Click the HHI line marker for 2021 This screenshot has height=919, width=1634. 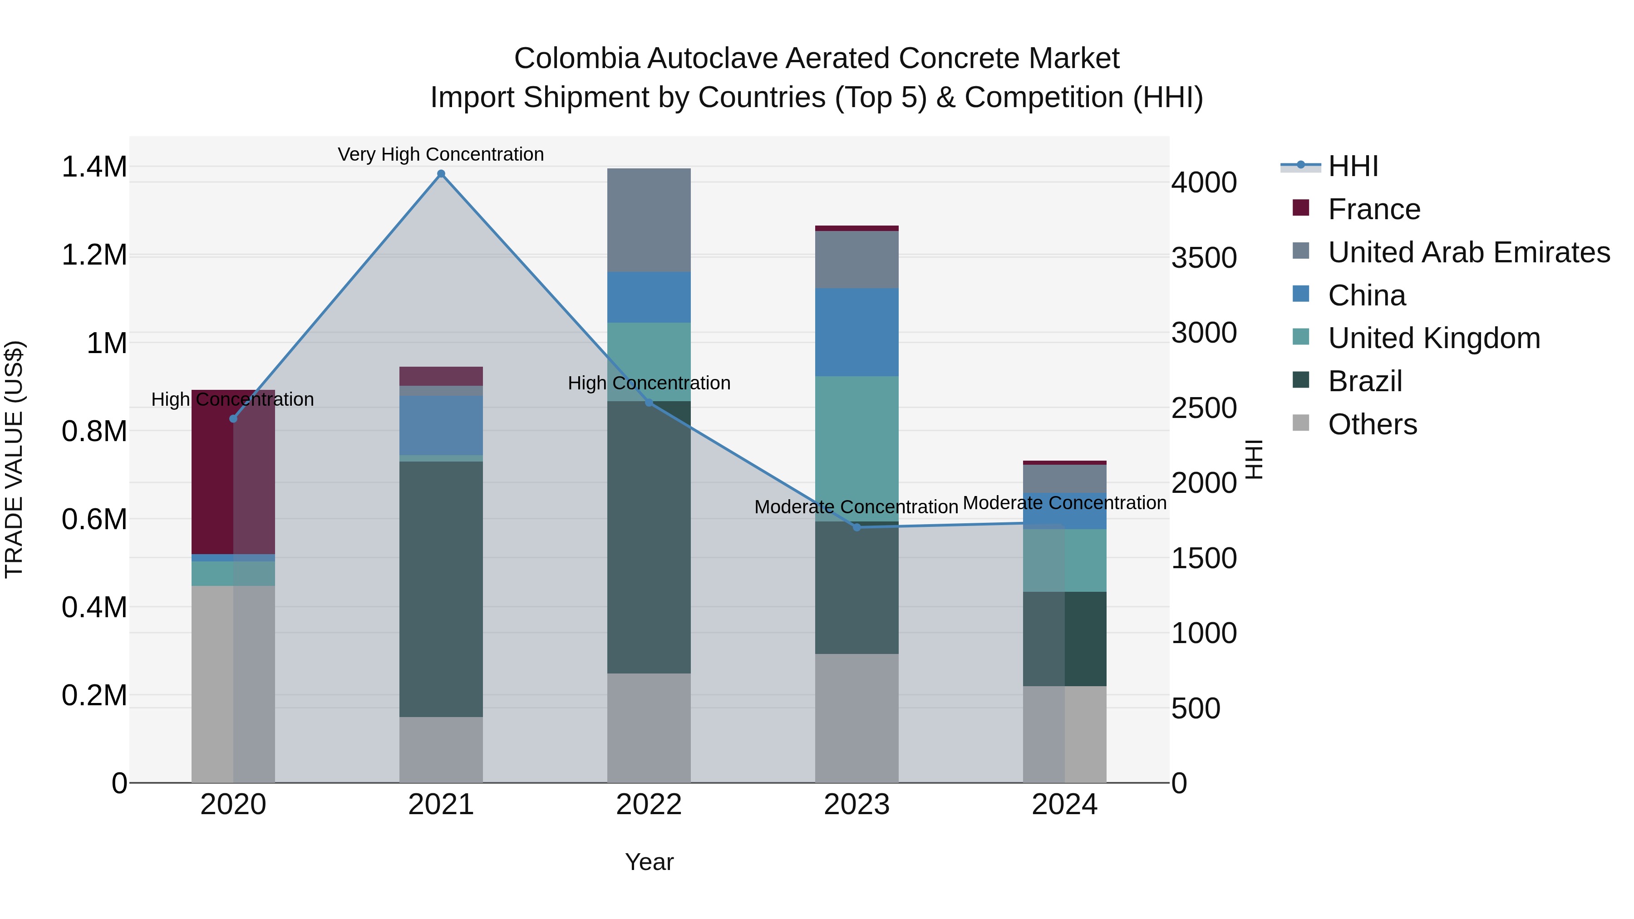point(441,174)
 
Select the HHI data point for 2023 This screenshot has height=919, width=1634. point(856,527)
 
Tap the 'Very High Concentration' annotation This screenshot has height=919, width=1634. point(440,154)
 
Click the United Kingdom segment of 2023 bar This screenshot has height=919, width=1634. point(856,448)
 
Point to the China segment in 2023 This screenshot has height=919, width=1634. point(856,332)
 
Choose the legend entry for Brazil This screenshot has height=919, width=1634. point(1364,381)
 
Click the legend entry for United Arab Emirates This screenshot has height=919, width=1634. point(1468,252)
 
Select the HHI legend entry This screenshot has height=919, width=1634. point(1353,166)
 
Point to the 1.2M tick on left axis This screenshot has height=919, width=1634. point(94,255)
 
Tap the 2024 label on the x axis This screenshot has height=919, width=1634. point(1064,805)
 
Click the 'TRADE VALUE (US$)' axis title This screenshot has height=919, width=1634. point(14,459)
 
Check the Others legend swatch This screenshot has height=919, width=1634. point(1300,423)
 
